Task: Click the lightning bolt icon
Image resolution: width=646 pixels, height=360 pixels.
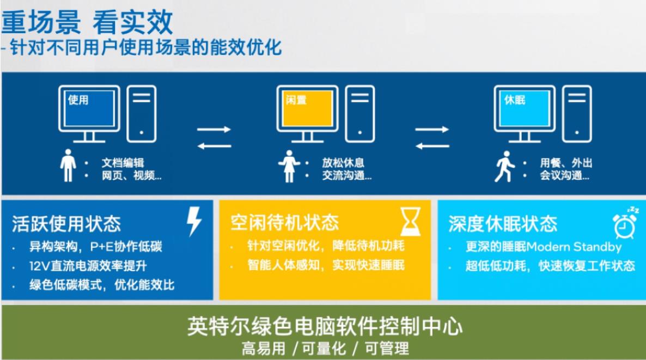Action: coord(193,222)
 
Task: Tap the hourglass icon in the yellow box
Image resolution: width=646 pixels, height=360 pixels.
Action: coord(410,222)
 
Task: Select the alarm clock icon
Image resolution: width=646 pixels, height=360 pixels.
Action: coord(625,224)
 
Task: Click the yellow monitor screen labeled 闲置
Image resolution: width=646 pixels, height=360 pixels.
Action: coord(307,108)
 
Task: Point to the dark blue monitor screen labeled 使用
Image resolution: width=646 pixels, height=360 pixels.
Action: coord(89,108)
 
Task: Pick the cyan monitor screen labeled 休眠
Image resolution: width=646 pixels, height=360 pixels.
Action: coord(525,108)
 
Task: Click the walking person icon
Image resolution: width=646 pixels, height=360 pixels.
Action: coord(505,167)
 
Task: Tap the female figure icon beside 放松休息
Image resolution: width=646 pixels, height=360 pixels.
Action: coord(289,167)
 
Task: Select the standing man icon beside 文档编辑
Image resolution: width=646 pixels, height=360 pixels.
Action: coord(68,166)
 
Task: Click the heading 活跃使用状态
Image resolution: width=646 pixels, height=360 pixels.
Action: coord(66,224)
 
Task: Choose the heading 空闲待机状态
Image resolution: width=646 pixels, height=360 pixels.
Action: coord(284,223)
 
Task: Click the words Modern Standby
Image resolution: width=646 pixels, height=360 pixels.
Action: coord(574,247)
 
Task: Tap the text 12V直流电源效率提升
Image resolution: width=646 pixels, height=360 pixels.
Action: coord(88,266)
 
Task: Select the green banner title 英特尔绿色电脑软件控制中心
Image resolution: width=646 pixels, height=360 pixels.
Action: coord(325,326)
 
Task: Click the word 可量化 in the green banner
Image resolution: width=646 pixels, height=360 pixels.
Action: coord(324,349)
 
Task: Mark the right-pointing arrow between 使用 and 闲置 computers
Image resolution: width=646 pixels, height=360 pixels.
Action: coord(214,129)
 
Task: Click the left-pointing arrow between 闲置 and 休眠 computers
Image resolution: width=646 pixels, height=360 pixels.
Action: coord(432,146)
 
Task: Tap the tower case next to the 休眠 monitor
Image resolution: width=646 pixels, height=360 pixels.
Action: coord(577,114)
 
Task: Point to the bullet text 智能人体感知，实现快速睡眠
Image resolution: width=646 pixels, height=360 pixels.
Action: coord(326,265)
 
